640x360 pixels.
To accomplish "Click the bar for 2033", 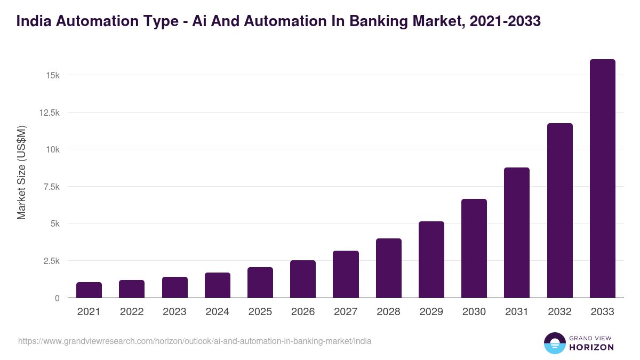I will click(x=602, y=179).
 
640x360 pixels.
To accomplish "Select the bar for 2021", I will click(x=89, y=290).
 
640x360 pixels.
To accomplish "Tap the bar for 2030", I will click(x=474, y=249).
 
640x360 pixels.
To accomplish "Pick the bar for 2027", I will click(x=346, y=274).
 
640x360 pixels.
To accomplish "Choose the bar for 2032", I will click(x=559, y=211).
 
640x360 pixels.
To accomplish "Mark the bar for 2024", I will click(x=218, y=285).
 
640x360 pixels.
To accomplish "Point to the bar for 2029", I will click(x=431, y=260).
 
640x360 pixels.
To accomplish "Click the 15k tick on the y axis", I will click(x=52, y=75).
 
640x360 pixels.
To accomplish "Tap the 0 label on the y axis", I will click(x=57, y=298).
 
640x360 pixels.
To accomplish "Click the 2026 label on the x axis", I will click(x=303, y=312).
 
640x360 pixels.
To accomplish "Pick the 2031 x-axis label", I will click(x=517, y=312).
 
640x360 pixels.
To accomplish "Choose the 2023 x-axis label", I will click(x=174, y=312).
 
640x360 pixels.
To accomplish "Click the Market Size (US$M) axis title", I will click(x=21, y=172).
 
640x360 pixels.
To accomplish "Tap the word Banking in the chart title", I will click(x=397, y=21).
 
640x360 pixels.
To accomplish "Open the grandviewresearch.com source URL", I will click(x=195, y=341).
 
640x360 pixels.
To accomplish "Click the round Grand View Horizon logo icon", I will click(x=555, y=343).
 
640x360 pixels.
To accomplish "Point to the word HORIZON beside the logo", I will click(x=591, y=347).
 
